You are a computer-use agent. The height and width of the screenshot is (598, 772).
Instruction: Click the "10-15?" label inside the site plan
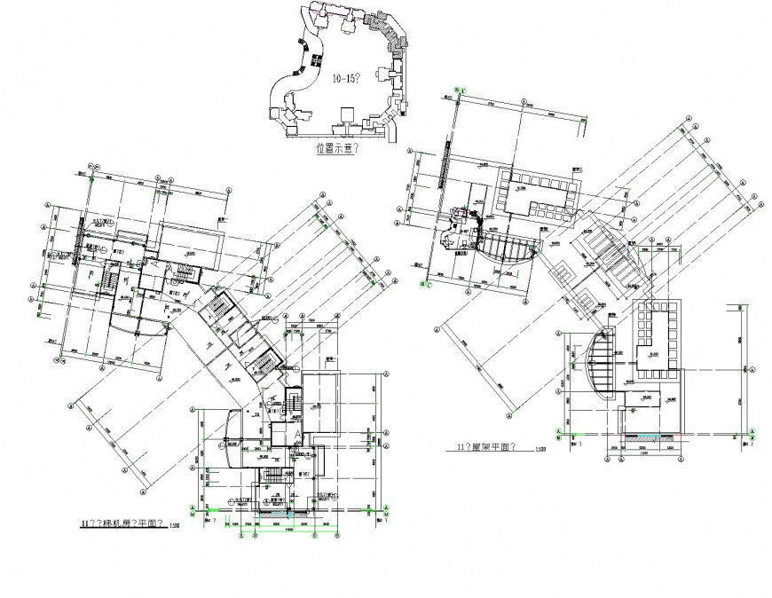point(344,79)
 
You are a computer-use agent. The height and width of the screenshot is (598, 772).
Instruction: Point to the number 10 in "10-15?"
point(336,79)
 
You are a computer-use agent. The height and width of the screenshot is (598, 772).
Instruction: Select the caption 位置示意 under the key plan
point(336,150)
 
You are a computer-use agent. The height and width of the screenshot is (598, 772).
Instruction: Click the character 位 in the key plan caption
point(321,150)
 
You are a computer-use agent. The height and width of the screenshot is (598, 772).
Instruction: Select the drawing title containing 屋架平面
point(487,448)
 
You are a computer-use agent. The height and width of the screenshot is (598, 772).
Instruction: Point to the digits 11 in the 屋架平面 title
point(458,448)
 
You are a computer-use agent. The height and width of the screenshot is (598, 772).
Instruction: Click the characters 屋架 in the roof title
point(478,448)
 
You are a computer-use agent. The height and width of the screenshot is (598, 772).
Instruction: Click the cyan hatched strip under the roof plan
point(638,436)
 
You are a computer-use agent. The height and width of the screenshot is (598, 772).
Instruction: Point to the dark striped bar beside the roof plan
point(441,164)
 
